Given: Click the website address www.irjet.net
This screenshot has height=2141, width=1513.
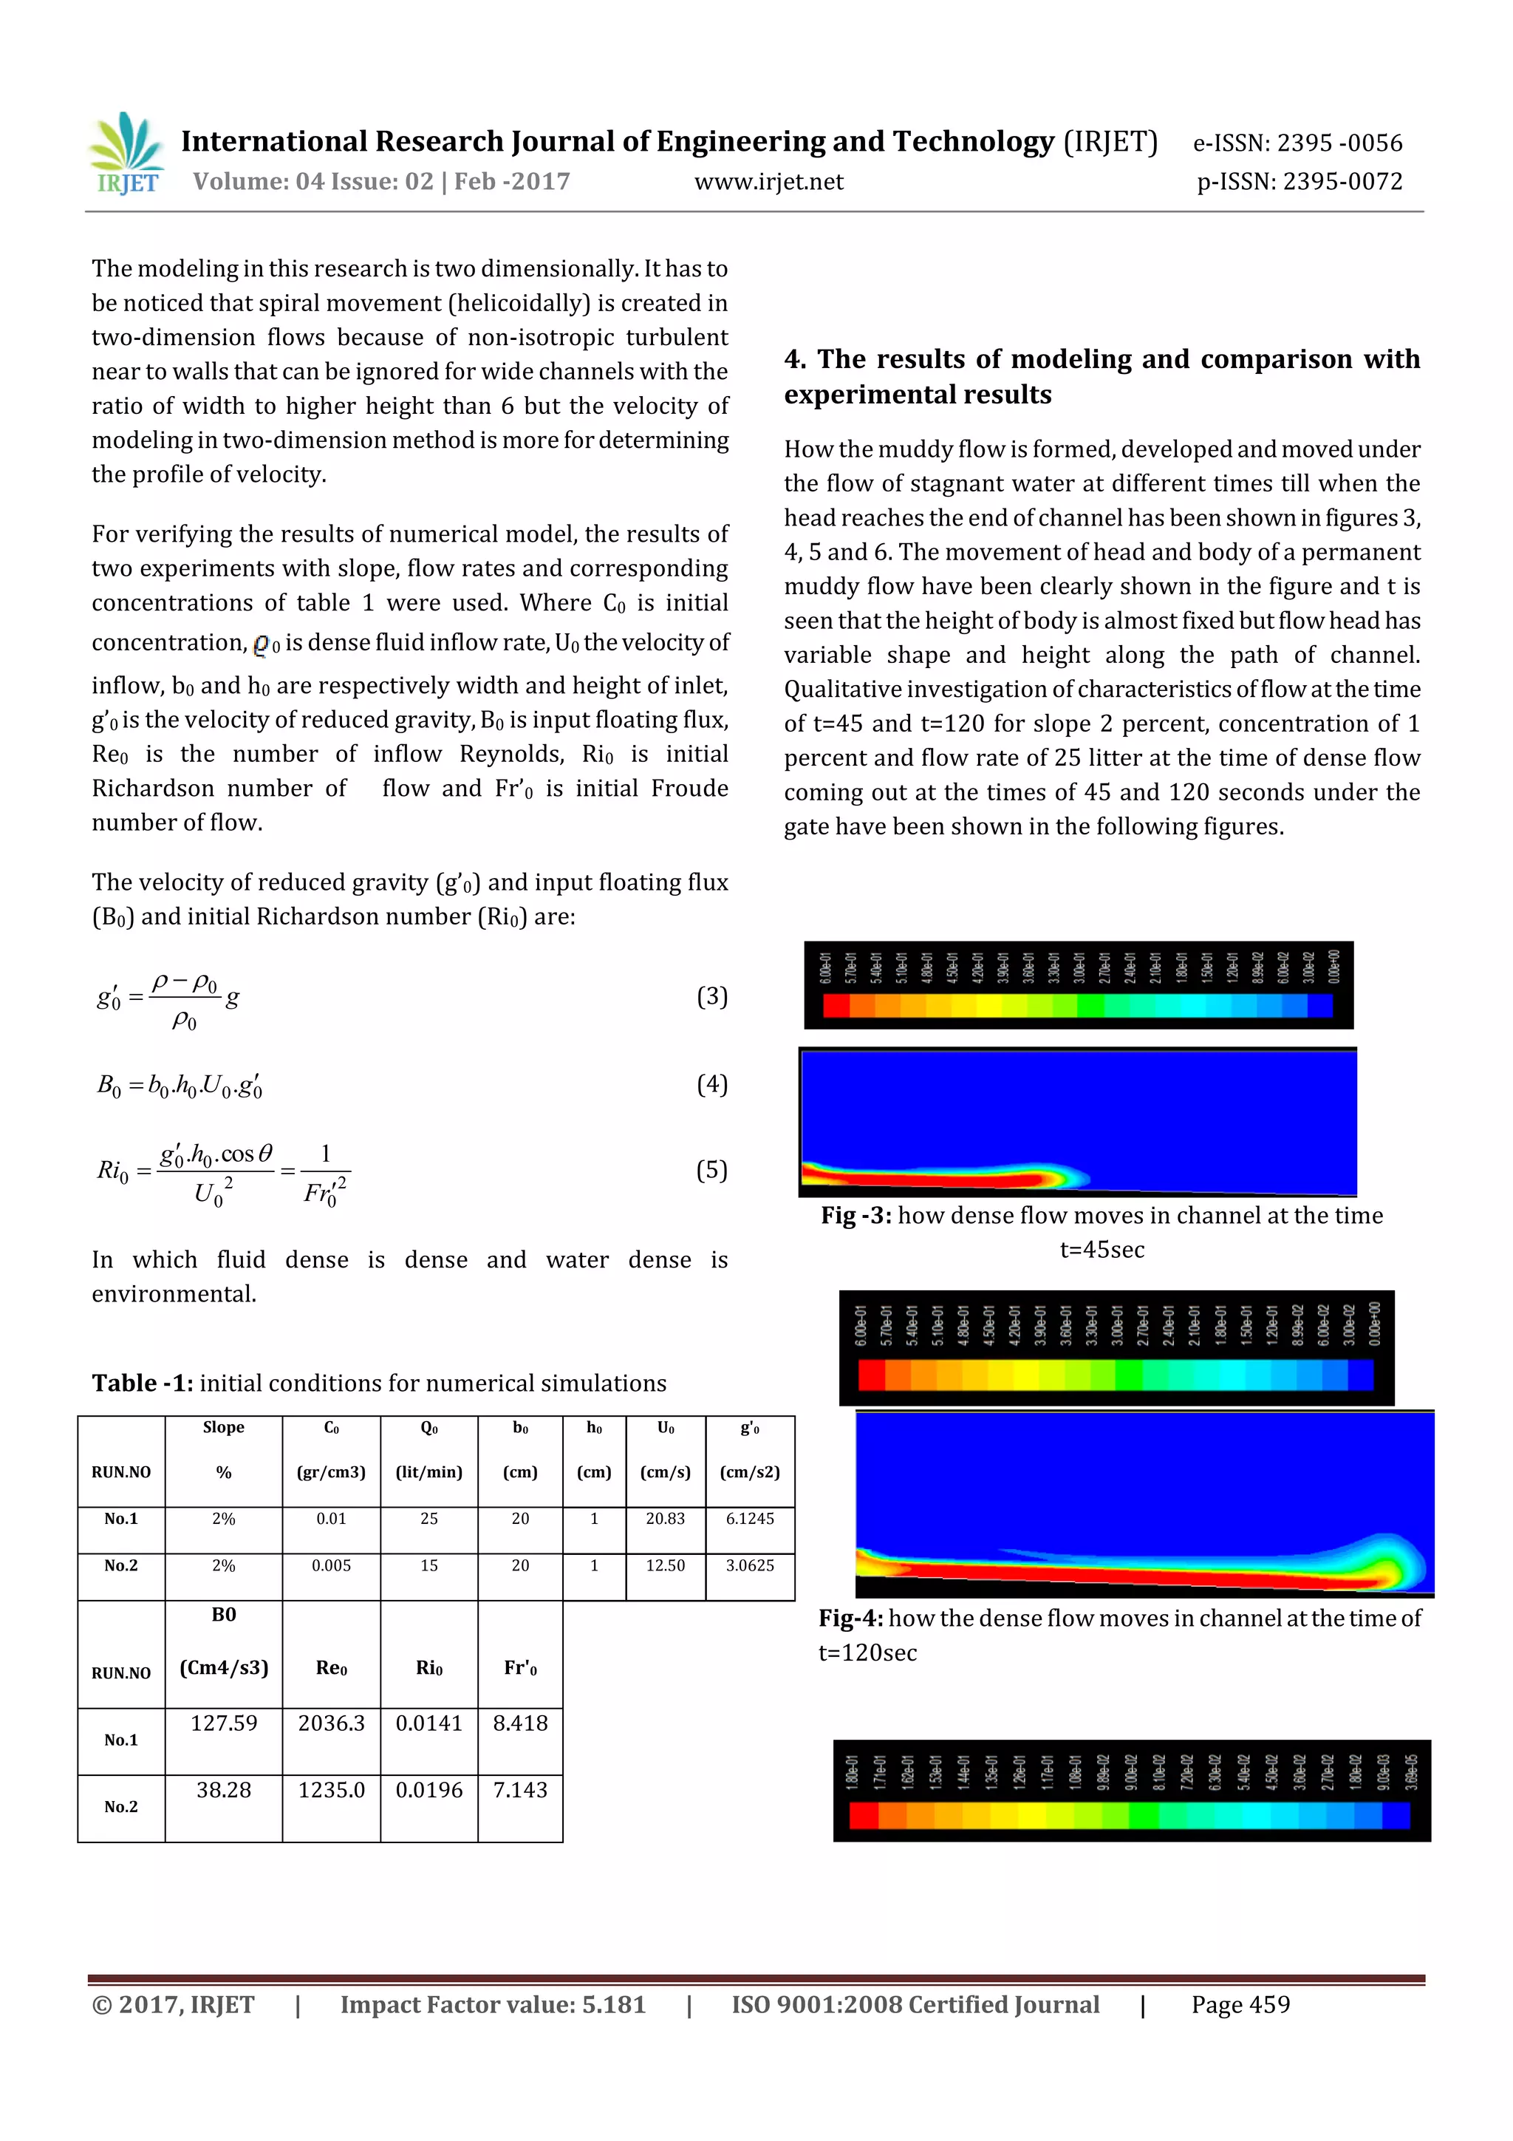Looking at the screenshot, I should (768, 182).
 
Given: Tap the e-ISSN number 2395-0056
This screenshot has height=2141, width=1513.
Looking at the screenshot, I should (1298, 143).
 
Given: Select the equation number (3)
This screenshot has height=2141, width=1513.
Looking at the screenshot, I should (711, 996).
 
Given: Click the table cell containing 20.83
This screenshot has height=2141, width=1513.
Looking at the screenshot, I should (665, 1518).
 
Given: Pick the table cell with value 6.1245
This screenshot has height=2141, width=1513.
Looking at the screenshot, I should (750, 1518).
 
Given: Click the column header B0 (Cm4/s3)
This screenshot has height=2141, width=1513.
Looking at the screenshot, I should (224, 1641).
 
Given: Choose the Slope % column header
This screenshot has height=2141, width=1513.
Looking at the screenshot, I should (224, 1449).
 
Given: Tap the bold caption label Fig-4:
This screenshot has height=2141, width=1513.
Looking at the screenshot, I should (850, 1618).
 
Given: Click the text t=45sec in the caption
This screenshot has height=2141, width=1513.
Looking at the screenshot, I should (1102, 1250).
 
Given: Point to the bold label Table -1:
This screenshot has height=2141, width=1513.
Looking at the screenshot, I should (142, 1383).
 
